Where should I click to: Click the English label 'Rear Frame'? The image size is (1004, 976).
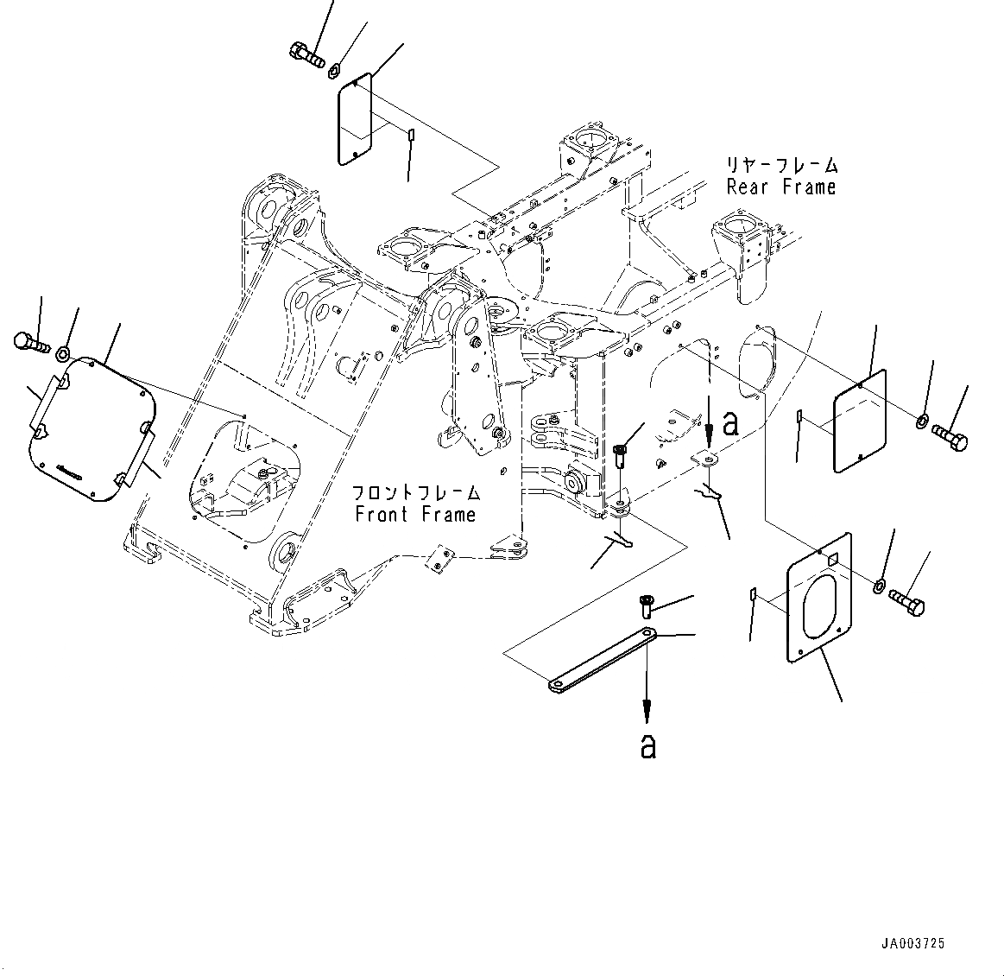coord(780,187)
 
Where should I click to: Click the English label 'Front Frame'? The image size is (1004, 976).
coord(414,515)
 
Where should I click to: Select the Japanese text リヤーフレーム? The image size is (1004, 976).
coord(781,165)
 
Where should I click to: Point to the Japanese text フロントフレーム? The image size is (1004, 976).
coord(415,493)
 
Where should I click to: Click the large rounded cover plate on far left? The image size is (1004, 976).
coord(91,428)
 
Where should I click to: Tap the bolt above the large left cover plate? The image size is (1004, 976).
coord(31,342)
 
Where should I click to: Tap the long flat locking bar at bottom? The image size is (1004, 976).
coord(602,661)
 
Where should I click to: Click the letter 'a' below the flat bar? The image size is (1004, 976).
coord(648,746)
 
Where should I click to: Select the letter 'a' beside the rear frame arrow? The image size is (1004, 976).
coord(730,423)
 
